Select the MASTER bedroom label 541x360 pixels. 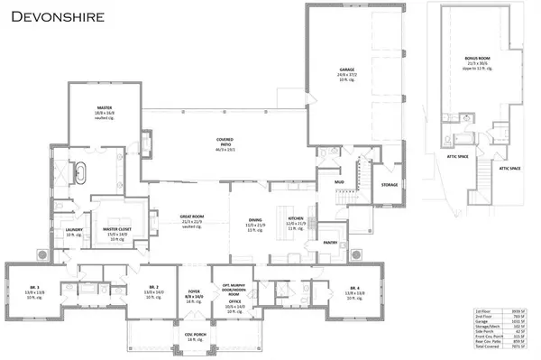click(x=105, y=106)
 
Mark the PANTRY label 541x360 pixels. click(x=330, y=242)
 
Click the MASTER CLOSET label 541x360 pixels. click(x=117, y=230)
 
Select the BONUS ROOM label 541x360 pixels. click(x=477, y=57)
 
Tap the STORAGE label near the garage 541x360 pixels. click(x=389, y=184)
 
